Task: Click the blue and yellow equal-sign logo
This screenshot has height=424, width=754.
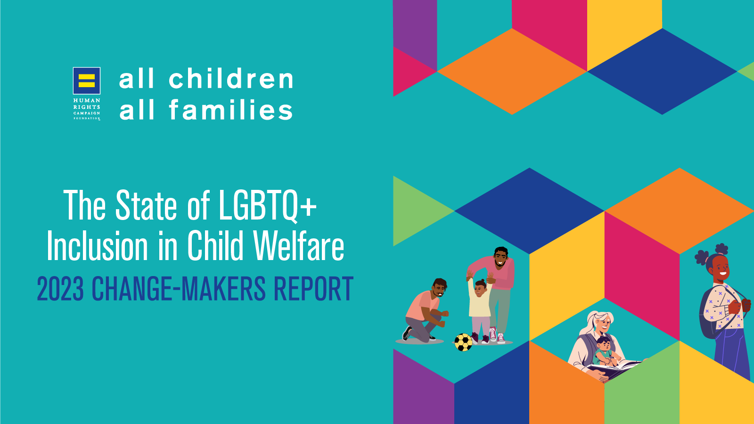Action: coord(87,81)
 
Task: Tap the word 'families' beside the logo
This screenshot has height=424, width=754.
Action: coord(230,110)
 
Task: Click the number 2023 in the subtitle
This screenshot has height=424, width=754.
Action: coord(60,289)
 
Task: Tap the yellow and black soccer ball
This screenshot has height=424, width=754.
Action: coord(464,342)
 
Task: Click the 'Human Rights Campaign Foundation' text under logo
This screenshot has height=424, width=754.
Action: coord(87,109)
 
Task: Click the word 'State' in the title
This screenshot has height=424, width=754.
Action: coord(146,205)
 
